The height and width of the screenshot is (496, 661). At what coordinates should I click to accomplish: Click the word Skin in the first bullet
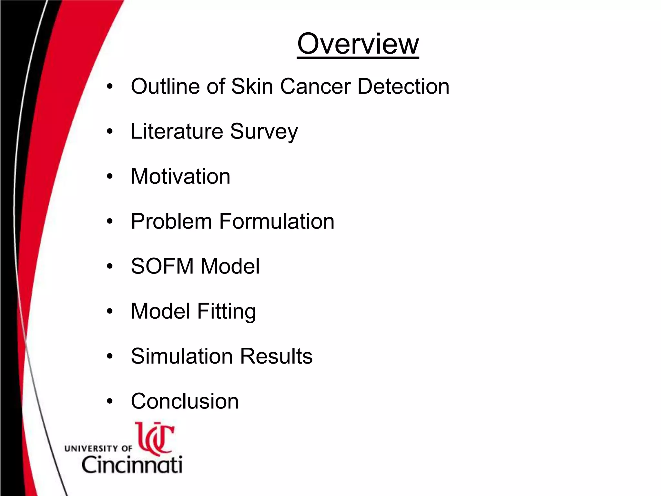click(x=252, y=87)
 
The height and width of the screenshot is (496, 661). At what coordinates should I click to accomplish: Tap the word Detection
click(x=403, y=87)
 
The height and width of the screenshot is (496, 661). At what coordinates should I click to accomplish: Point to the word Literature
click(x=177, y=131)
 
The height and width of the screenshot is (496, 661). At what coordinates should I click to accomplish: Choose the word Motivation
click(x=180, y=176)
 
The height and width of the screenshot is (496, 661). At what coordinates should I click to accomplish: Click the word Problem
click(x=171, y=222)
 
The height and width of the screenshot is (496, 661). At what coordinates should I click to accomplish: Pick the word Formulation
click(x=277, y=222)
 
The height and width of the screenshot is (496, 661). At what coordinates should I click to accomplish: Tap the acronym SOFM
click(x=162, y=266)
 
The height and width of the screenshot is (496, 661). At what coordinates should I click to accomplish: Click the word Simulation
click(x=182, y=356)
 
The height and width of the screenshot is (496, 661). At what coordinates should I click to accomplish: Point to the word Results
click(x=276, y=356)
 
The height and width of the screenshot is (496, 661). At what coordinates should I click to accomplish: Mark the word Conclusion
click(x=185, y=401)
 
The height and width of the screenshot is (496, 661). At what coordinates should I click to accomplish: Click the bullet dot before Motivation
click(x=110, y=177)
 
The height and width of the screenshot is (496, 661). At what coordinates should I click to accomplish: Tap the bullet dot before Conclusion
click(x=110, y=401)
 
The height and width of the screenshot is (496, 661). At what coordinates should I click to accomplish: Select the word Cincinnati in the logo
click(x=132, y=465)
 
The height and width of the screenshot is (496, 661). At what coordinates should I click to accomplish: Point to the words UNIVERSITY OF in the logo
click(x=98, y=449)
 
